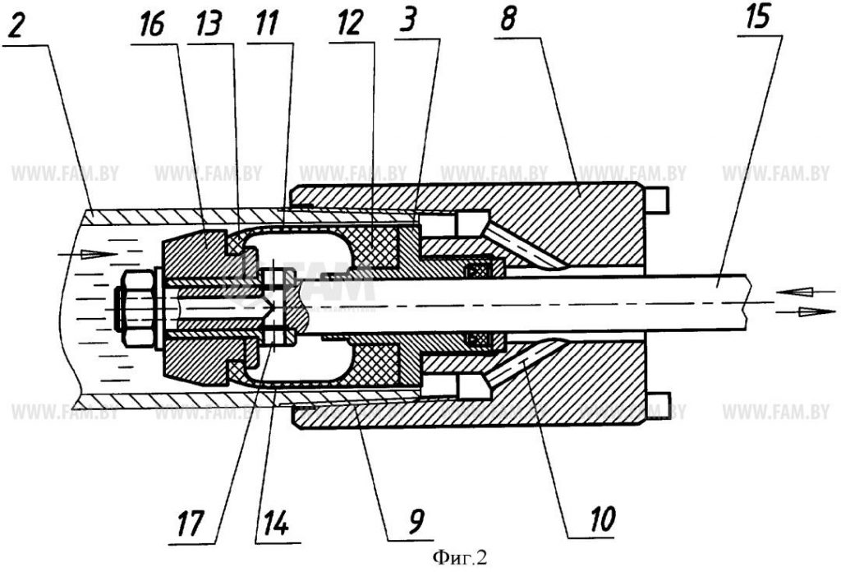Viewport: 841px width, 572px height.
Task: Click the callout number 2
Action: tap(16, 25)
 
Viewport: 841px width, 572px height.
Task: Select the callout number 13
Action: tap(208, 24)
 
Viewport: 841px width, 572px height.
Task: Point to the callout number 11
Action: tap(266, 24)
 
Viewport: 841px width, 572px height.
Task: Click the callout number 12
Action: tap(350, 24)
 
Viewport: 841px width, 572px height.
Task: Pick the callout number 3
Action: tap(409, 23)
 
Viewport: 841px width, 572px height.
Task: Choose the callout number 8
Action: tap(508, 20)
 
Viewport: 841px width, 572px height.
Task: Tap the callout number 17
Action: tap(190, 523)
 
